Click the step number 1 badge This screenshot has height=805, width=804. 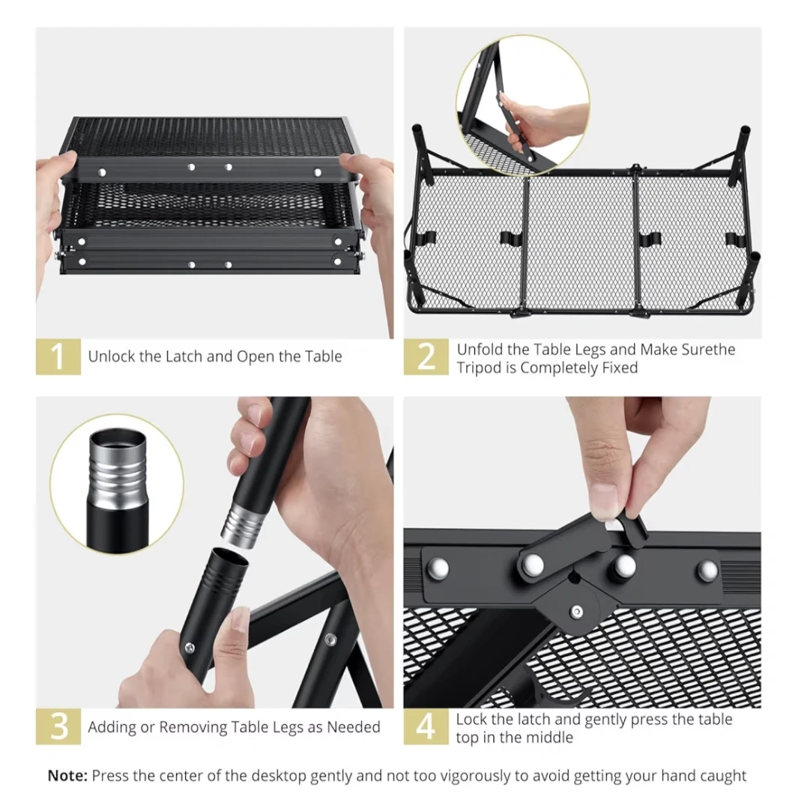(x=58, y=356)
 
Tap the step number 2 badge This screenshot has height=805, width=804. (x=426, y=356)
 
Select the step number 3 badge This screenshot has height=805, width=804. (x=58, y=726)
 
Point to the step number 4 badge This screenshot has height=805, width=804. (x=426, y=726)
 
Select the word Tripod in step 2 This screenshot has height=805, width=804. (x=477, y=368)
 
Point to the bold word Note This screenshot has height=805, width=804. (x=68, y=775)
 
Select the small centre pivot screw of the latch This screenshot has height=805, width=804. (x=577, y=612)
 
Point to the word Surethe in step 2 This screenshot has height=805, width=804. (x=708, y=350)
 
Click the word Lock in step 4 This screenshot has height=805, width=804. (x=471, y=720)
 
